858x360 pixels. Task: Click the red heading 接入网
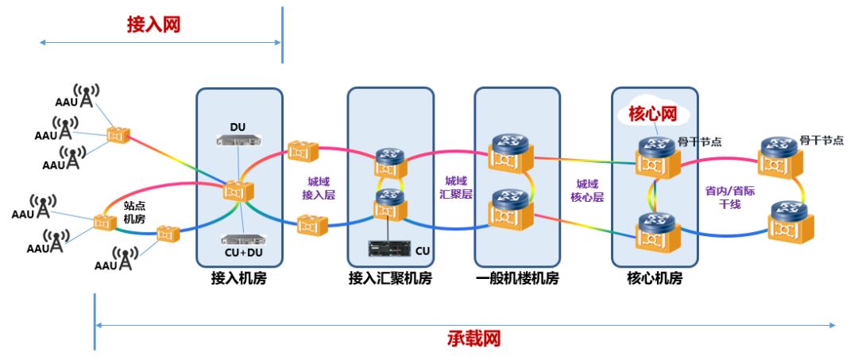[153, 25]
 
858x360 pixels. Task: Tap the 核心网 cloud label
[652, 114]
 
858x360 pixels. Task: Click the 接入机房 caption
[239, 278]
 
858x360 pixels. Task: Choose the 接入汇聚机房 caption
[390, 278]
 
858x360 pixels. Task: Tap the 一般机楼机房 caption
[517, 278]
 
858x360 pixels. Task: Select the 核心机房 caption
[655, 278]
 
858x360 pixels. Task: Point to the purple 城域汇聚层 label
[456, 188]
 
